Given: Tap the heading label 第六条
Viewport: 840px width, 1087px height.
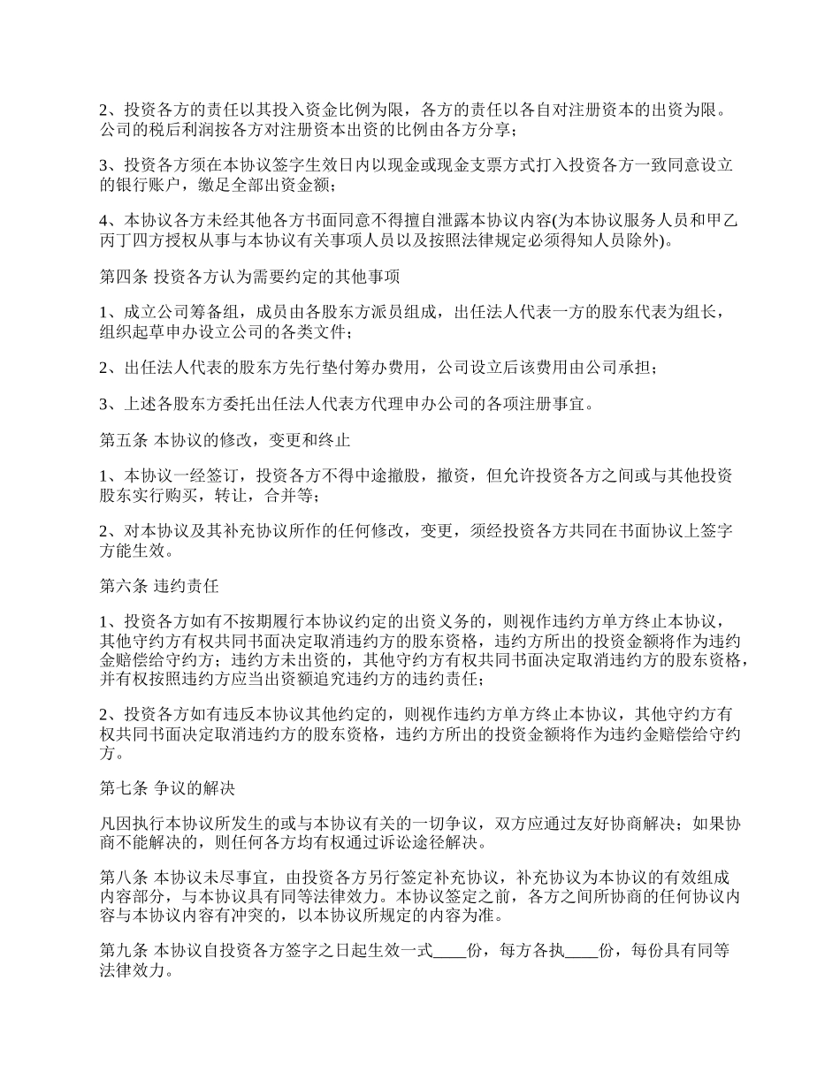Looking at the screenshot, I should (124, 584).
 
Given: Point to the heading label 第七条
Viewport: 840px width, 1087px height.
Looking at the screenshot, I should (124, 787).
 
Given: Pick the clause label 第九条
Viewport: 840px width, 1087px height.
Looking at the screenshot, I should (124, 952).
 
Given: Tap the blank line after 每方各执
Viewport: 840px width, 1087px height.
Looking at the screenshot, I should (581, 953).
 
